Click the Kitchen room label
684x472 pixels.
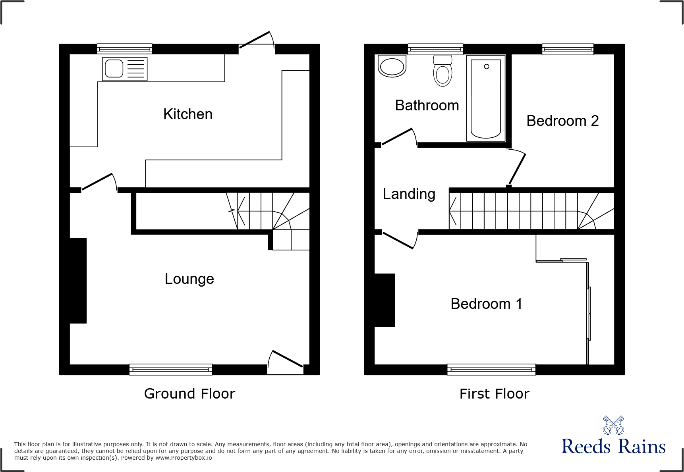tap(187, 114)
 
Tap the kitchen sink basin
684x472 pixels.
tap(114, 69)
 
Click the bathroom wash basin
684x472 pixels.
tap(392, 66)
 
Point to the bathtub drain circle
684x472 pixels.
tap(487, 67)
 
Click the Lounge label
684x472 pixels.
tap(189, 279)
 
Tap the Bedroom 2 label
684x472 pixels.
tap(562, 121)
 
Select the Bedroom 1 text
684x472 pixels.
tap(486, 304)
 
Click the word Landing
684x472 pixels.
tap(409, 194)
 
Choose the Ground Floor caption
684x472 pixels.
tap(189, 394)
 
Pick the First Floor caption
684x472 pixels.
tap(494, 394)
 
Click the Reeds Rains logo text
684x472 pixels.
tap(613, 447)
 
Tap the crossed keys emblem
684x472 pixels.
tap(613, 425)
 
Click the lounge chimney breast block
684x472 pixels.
tap(78, 281)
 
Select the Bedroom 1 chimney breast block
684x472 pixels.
tap(385, 300)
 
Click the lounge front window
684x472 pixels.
tap(170, 370)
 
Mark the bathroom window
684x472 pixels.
tap(435, 49)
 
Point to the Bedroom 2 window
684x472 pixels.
tap(568, 49)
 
